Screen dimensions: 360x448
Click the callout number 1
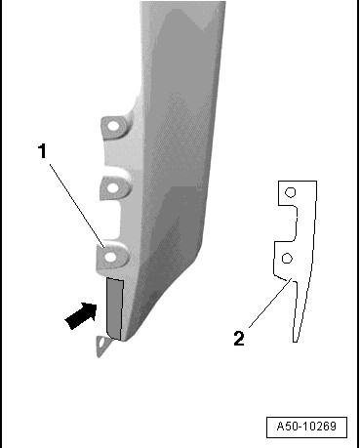click(42, 151)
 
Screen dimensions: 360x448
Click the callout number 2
click(239, 339)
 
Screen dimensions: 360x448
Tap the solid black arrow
click(81, 315)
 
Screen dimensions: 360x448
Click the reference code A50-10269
click(306, 427)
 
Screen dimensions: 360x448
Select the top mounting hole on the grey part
click(114, 126)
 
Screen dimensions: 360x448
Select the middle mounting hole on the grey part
click(112, 187)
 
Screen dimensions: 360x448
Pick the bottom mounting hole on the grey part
click(111, 257)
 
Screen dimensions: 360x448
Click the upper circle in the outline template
click(290, 192)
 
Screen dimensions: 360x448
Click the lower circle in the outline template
click(287, 259)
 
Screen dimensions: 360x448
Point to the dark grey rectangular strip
click(115, 308)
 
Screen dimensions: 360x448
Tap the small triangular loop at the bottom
click(102, 346)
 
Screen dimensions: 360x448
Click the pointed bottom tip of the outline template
click(295, 342)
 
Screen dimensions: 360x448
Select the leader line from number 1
click(77, 206)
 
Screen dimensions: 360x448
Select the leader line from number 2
click(269, 303)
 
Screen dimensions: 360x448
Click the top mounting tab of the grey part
click(116, 126)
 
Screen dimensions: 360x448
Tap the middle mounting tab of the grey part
click(115, 187)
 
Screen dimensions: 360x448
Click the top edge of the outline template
click(298, 182)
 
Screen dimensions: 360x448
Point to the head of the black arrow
click(90, 310)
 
